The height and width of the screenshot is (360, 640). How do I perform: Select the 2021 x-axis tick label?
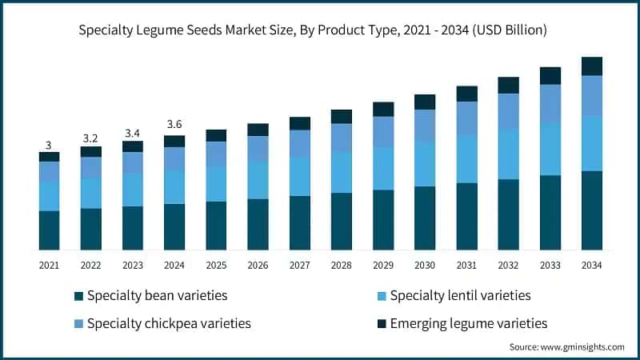(x=49, y=265)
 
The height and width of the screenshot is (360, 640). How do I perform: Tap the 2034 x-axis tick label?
(x=591, y=265)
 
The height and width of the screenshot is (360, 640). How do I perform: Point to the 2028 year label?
(x=341, y=265)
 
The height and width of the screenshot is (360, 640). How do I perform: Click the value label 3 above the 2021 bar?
(x=49, y=145)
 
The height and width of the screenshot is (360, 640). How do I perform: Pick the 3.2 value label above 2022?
(x=90, y=138)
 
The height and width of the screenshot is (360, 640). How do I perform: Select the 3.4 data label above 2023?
(x=132, y=133)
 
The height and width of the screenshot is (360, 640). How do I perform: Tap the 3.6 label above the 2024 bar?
(x=174, y=124)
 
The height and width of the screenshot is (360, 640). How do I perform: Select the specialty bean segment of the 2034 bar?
(x=591, y=210)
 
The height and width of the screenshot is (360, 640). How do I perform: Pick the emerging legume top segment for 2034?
(x=591, y=66)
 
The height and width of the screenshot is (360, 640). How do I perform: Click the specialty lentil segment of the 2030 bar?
(x=424, y=164)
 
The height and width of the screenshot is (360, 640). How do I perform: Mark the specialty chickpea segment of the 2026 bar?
(x=258, y=148)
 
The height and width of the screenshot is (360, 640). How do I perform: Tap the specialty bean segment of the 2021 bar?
(x=49, y=230)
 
